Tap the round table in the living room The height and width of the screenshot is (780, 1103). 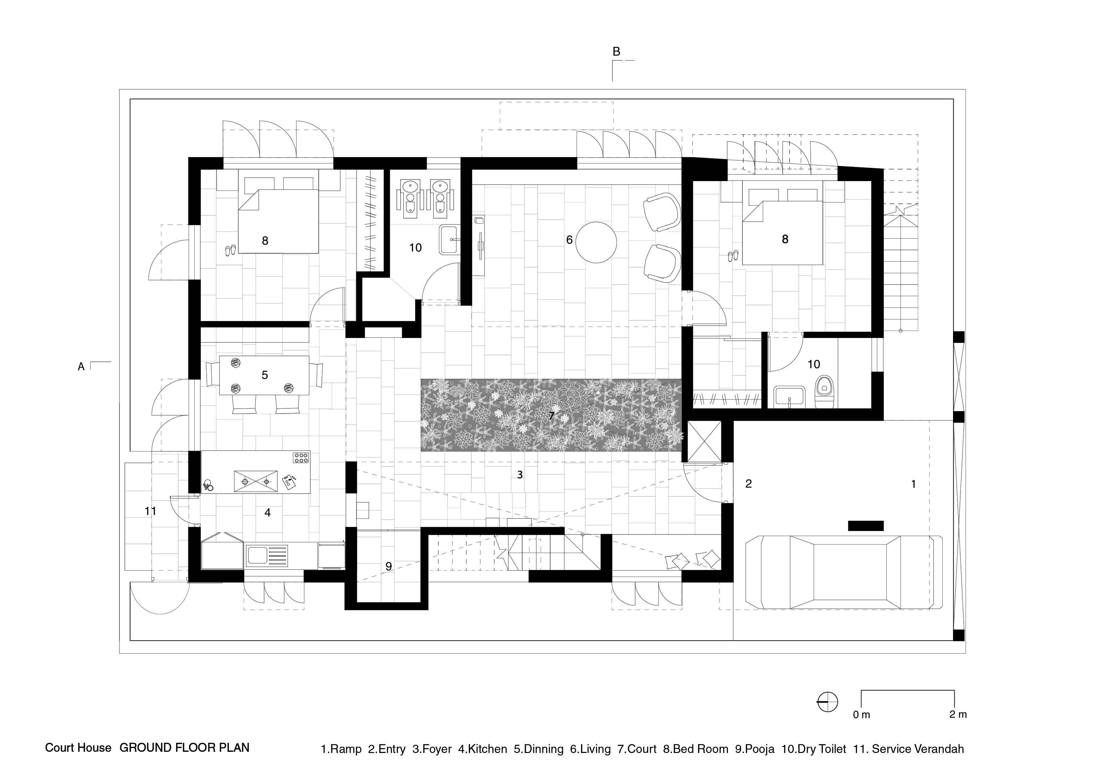596,242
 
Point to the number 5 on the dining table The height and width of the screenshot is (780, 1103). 265,375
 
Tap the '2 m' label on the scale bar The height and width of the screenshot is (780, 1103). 958,714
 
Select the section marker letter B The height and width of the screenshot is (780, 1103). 616,51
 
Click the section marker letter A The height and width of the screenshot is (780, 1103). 81,367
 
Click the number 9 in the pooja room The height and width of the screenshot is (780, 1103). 389,566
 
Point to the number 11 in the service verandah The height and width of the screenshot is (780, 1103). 150,511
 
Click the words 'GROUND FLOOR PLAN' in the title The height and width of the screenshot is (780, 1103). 185,748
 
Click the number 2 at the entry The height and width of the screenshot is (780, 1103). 748,484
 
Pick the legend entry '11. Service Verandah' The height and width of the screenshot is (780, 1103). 908,749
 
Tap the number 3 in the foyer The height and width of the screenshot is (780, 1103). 520,474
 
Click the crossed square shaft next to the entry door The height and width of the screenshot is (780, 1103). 704,441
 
